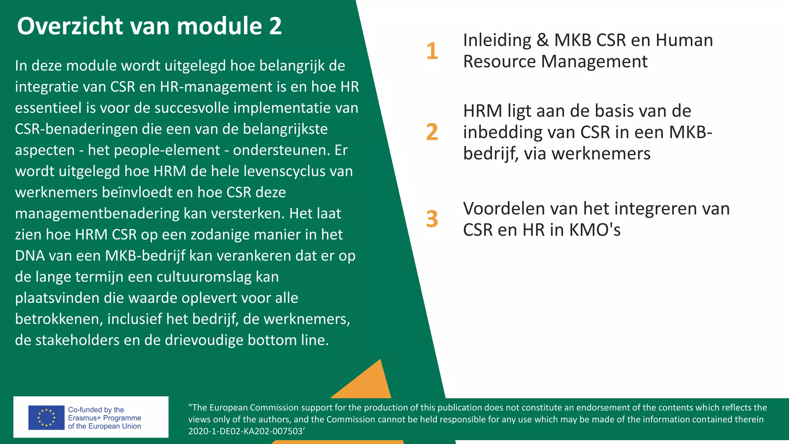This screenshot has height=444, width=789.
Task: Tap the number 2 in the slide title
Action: tap(275, 26)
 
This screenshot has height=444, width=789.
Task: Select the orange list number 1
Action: tap(432, 51)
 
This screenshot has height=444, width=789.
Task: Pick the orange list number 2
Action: tap(432, 132)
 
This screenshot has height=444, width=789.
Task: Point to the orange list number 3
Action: tap(432, 219)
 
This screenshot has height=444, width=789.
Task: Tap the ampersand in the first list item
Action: tap(542, 40)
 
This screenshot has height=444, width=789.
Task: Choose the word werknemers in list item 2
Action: tap(601, 153)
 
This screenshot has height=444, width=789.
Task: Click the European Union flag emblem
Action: tap(46, 417)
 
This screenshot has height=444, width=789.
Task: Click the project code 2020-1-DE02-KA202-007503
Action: tap(245, 431)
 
